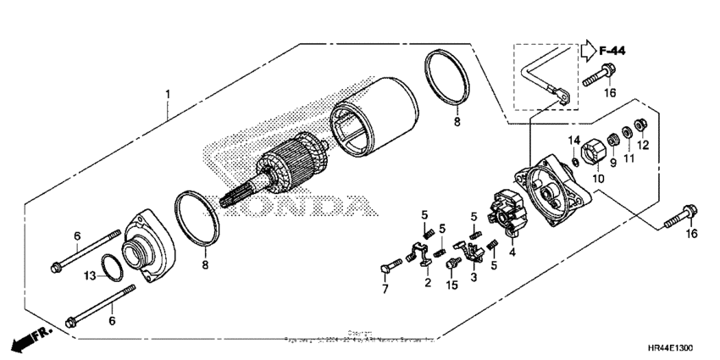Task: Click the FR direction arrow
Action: click(x=28, y=341)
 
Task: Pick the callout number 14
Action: click(x=573, y=140)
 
